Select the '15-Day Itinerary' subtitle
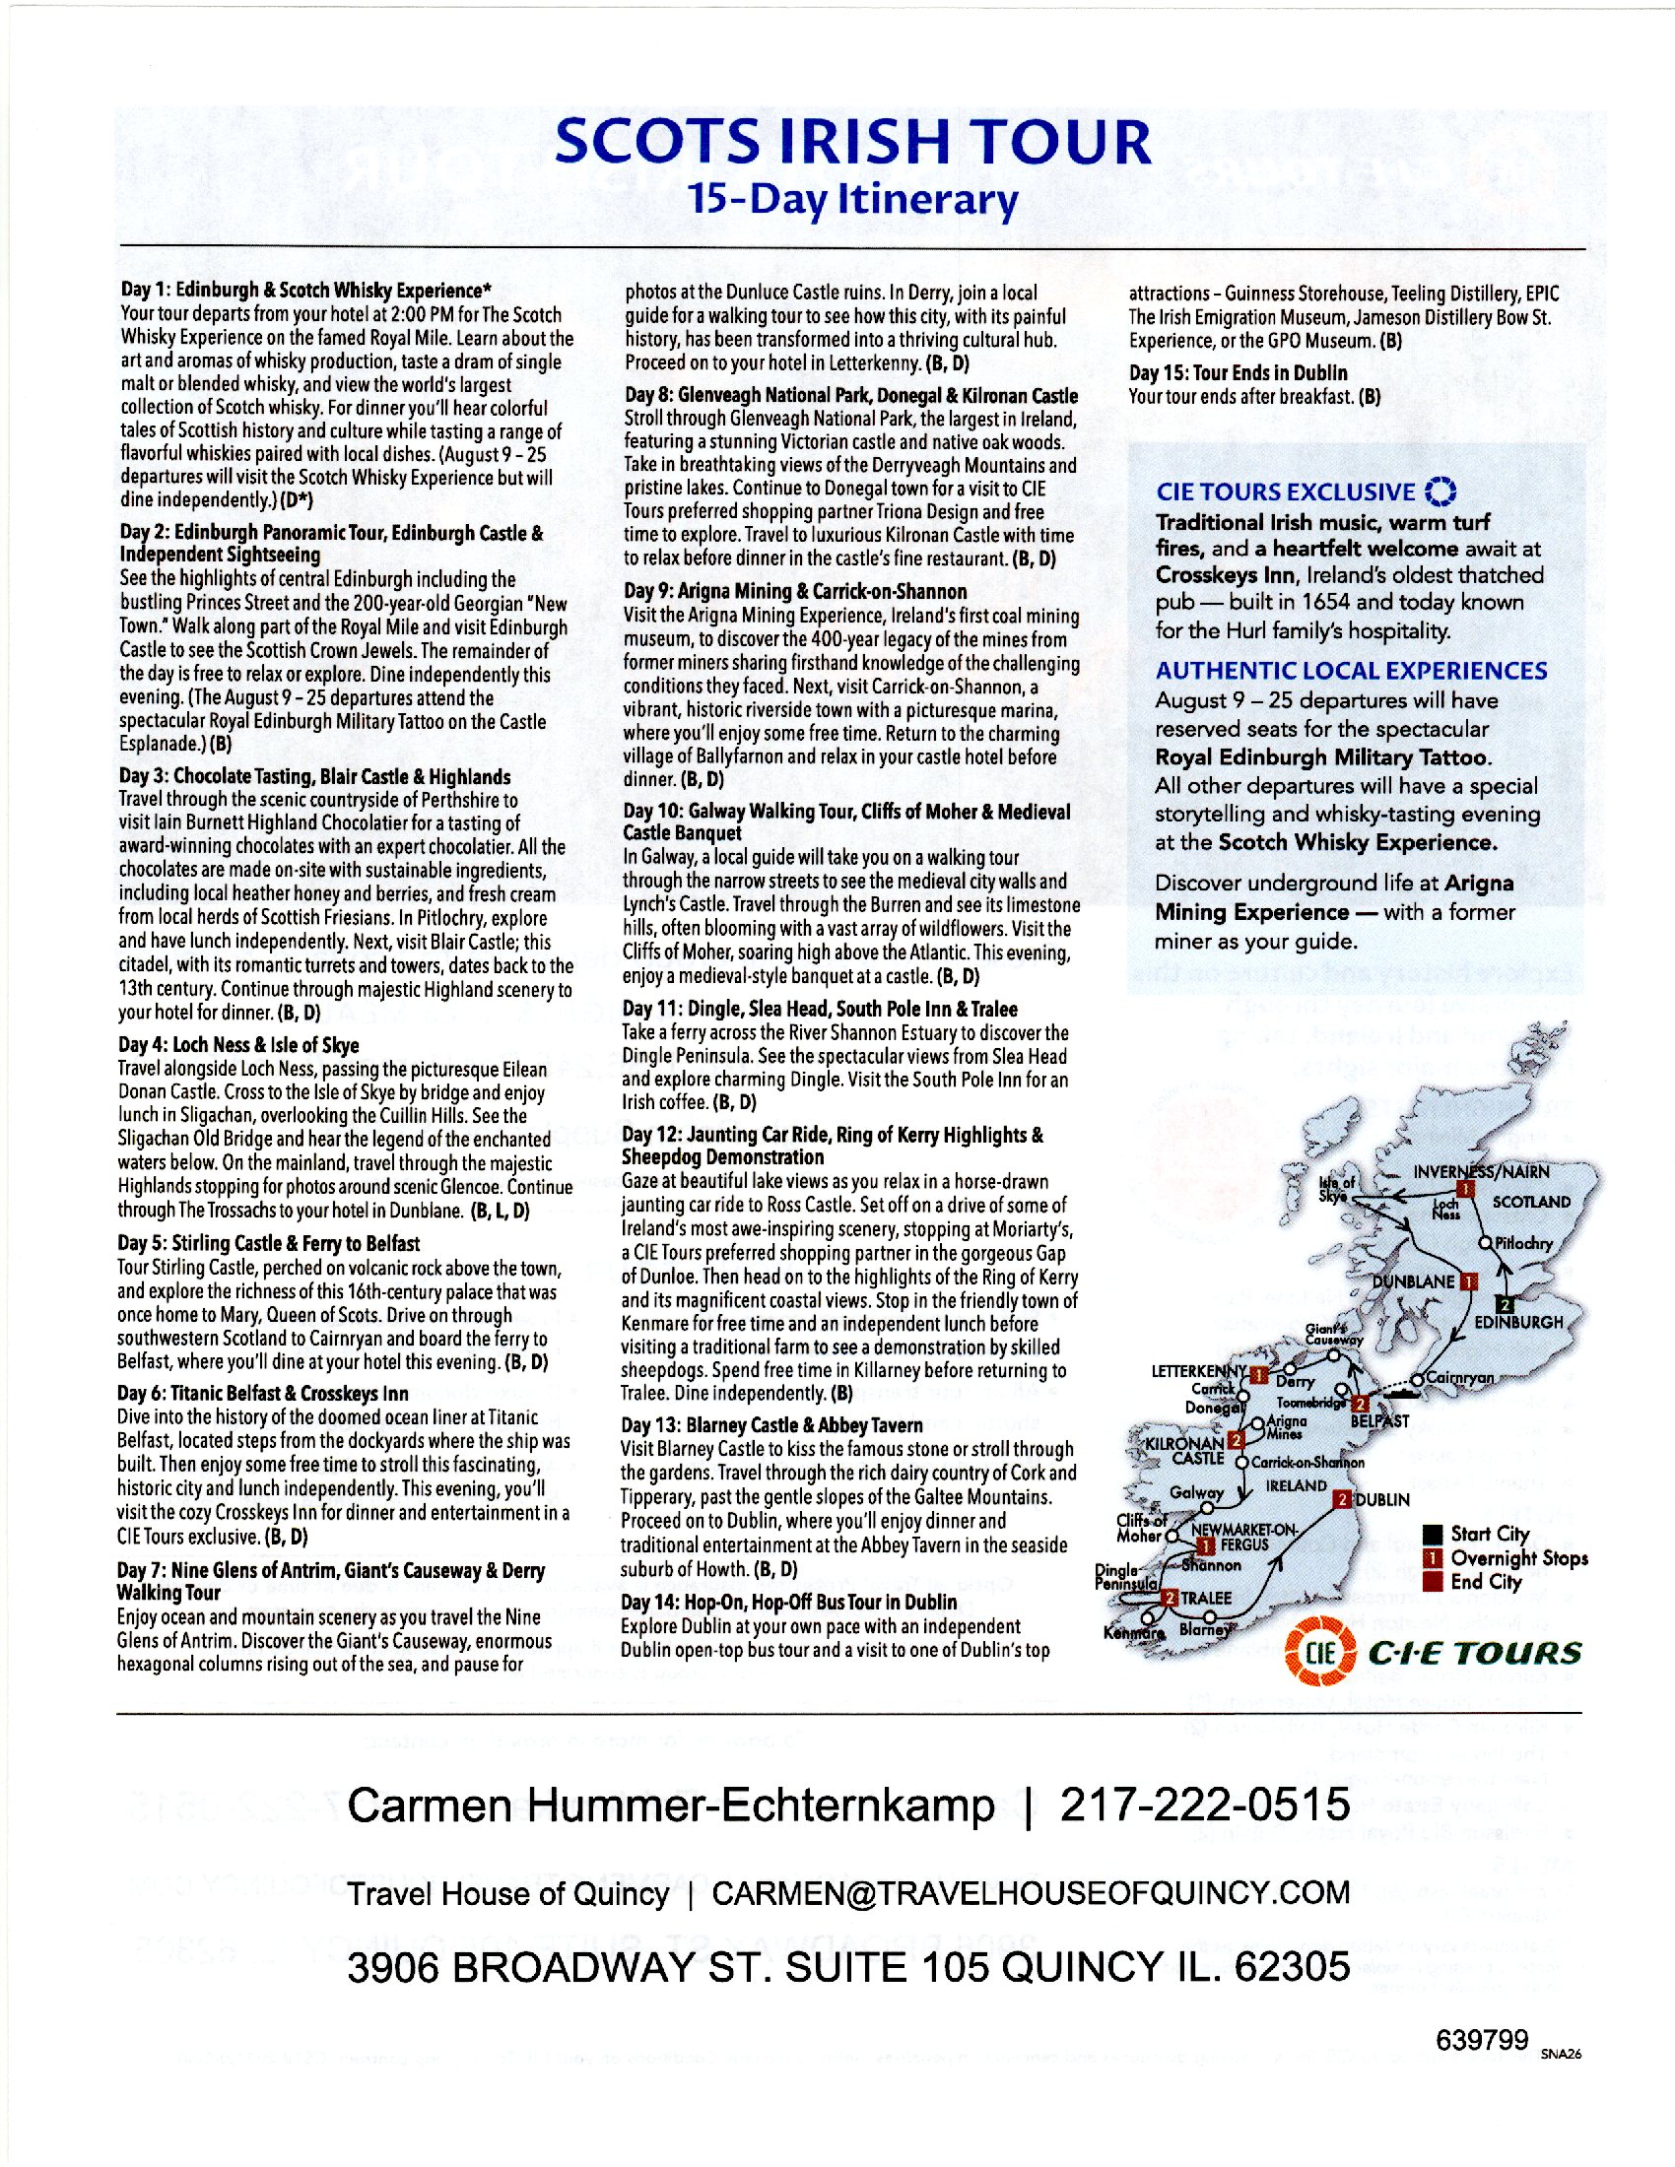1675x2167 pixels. [x=852, y=199]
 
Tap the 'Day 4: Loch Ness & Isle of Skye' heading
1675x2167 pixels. [x=238, y=1045]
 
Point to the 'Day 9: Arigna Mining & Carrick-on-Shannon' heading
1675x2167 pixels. [x=795, y=591]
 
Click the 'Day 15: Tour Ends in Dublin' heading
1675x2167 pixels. [x=1238, y=373]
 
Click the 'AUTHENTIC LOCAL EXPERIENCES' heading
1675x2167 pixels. [x=1351, y=671]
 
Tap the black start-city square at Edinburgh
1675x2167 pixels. [x=1506, y=1303]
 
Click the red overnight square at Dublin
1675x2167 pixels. [x=1343, y=1499]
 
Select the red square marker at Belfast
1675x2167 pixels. [x=1361, y=1403]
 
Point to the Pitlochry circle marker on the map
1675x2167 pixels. [x=1486, y=1243]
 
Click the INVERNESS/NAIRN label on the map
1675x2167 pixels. [x=1481, y=1172]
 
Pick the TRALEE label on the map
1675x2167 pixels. [x=1206, y=1599]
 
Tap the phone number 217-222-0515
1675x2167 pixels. [x=1205, y=1804]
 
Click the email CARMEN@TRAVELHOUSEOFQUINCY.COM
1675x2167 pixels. [x=1030, y=1893]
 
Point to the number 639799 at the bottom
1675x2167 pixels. [x=1481, y=2040]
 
